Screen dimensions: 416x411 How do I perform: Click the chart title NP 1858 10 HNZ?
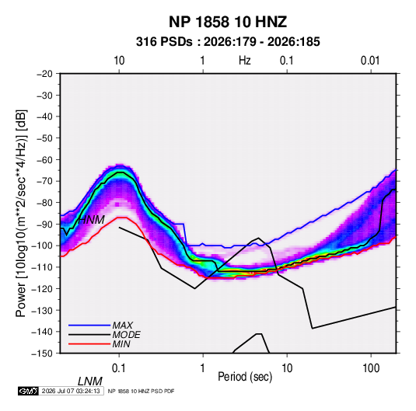pyautogui.click(x=228, y=22)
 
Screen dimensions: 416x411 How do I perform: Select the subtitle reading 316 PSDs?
pyautogui.click(x=164, y=42)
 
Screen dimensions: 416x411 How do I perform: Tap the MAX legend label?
pyautogui.click(x=122, y=326)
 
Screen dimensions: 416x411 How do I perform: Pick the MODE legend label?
pyautogui.click(x=126, y=335)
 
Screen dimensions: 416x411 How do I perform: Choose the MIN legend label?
pyautogui.click(x=121, y=344)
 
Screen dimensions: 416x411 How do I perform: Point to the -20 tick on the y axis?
pyautogui.click(x=44, y=74)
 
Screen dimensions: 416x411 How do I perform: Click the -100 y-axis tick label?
pyautogui.click(x=42, y=246)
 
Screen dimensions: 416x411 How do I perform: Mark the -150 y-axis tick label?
pyautogui.click(x=42, y=354)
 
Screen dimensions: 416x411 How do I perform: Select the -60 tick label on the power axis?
pyautogui.click(x=44, y=159)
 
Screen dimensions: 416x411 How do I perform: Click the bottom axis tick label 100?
pyautogui.click(x=371, y=368)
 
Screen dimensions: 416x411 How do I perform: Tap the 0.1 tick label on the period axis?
pyautogui.click(x=119, y=368)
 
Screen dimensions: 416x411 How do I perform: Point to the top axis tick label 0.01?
pyautogui.click(x=370, y=61)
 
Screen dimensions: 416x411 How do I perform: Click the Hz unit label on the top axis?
pyautogui.click(x=245, y=61)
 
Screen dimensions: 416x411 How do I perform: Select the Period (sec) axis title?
pyautogui.click(x=245, y=377)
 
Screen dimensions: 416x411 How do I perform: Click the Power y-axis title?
pyautogui.click(x=21, y=214)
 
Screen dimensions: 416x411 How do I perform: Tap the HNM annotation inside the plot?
pyautogui.click(x=91, y=220)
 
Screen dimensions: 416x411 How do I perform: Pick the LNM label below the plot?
pyautogui.click(x=89, y=381)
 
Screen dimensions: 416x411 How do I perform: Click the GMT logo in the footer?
pyautogui.click(x=28, y=391)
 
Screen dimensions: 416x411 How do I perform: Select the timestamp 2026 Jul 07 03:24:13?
pyautogui.click(x=71, y=391)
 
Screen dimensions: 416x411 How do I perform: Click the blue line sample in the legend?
pyautogui.click(x=89, y=326)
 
